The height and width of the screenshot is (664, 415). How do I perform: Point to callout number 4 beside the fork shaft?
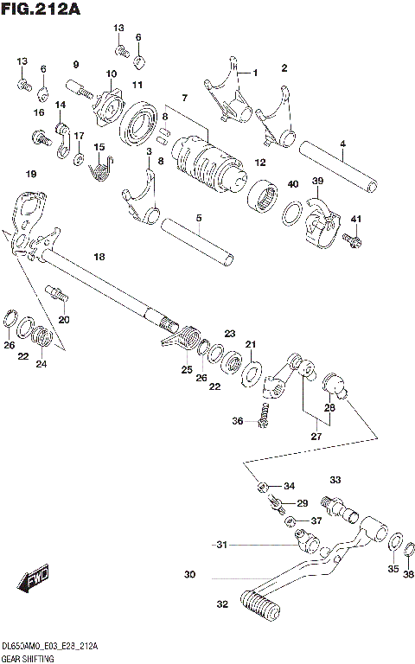(x=342, y=144)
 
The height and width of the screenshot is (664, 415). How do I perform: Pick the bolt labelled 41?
(x=350, y=238)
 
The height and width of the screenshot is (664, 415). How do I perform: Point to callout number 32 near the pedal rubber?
(x=222, y=604)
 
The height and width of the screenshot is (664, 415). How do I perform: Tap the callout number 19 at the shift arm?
(x=31, y=175)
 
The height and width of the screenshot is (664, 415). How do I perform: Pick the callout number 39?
(x=317, y=180)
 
